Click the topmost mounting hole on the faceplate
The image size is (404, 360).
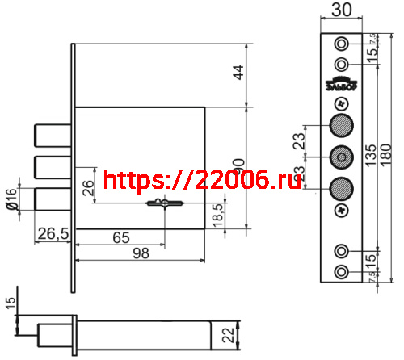pyautogui.click(x=342, y=43)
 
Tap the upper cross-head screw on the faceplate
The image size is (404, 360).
pyautogui.click(x=341, y=104)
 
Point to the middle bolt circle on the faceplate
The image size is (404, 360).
pyautogui.click(x=341, y=157)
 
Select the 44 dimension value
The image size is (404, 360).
pyautogui.click(x=238, y=73)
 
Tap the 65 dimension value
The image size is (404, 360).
pyautogui.click(x=120, y=238)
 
